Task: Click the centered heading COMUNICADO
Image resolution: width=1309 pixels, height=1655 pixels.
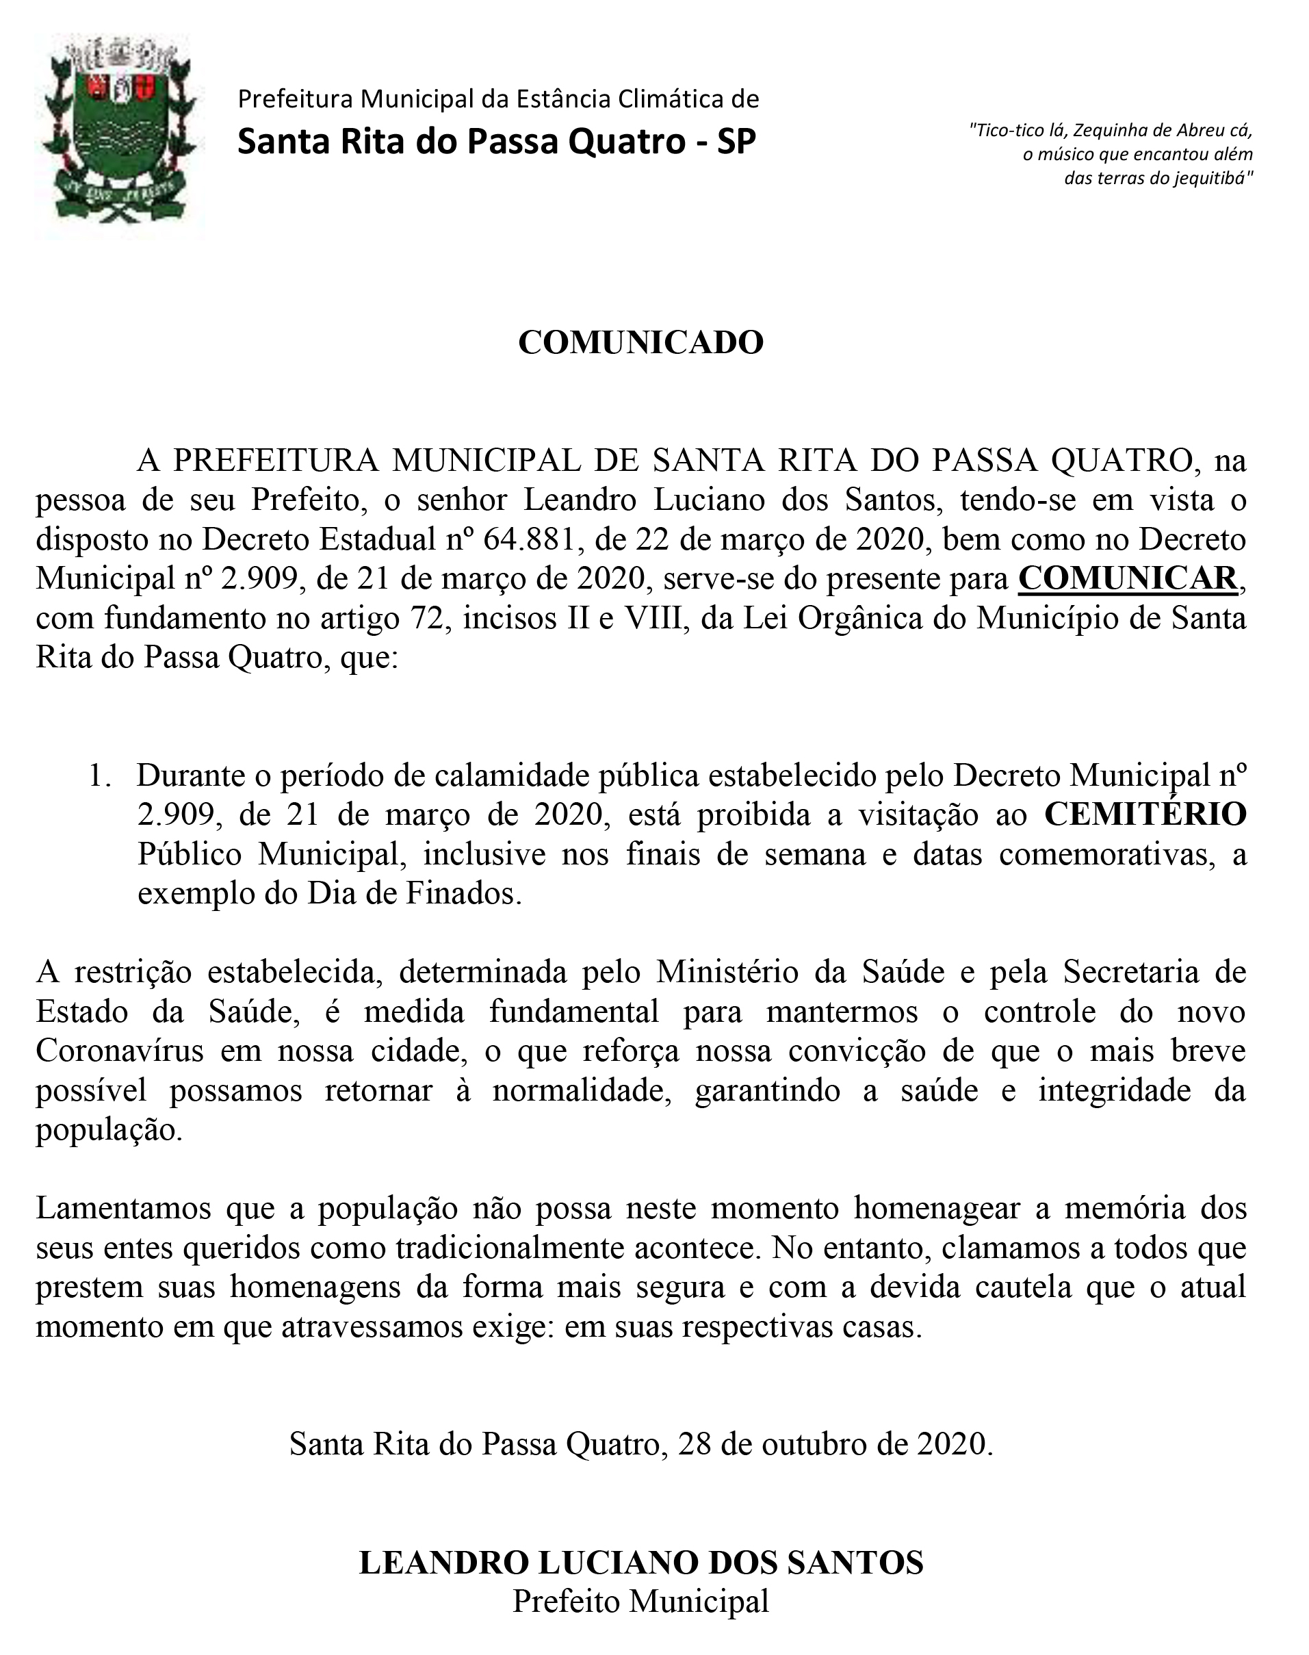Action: pos(640,343)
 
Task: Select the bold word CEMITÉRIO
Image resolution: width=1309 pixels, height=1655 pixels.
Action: pos(1145,815)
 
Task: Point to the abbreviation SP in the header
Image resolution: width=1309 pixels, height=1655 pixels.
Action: pos(736,142)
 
